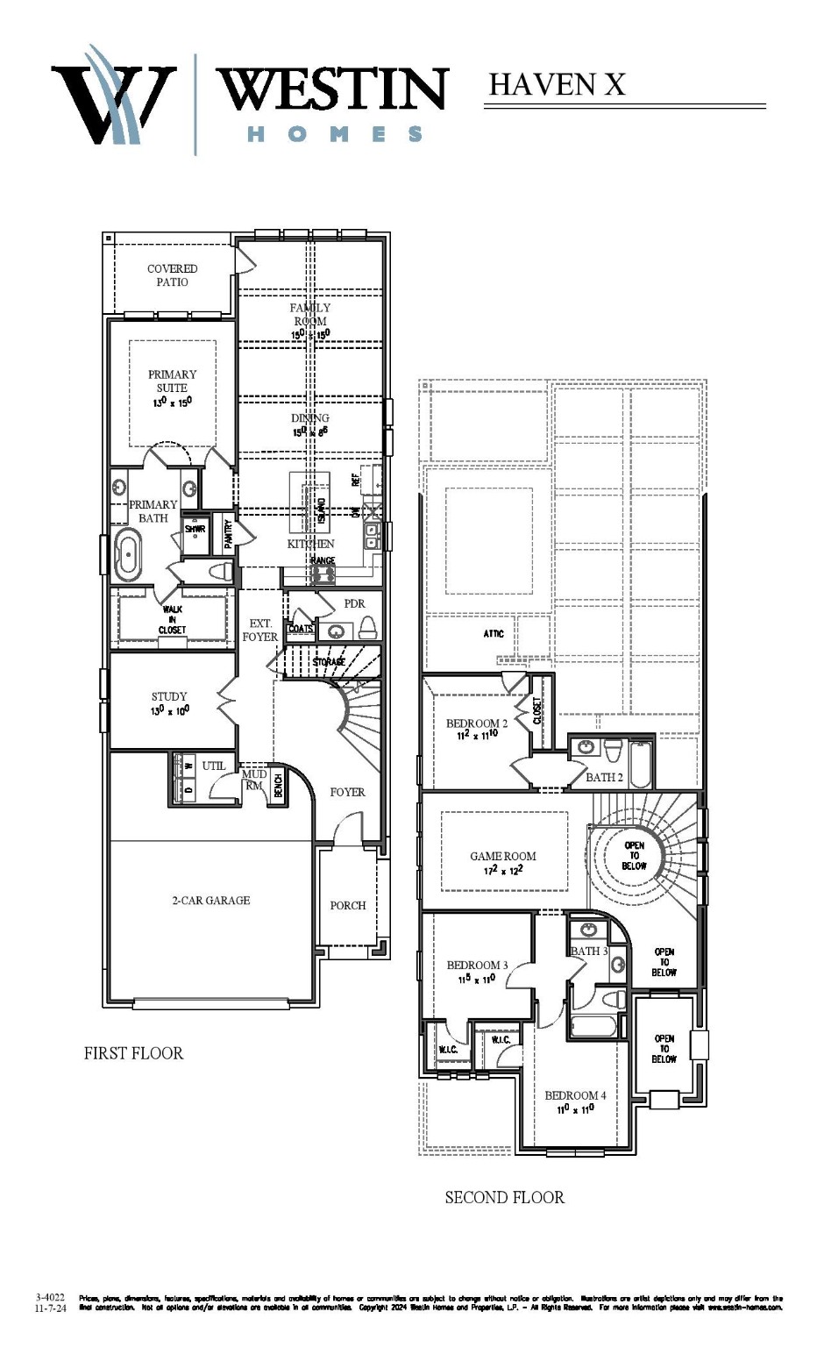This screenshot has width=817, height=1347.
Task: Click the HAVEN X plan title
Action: (x=557, y=84)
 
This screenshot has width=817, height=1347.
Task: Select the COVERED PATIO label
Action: (x=172, y=275)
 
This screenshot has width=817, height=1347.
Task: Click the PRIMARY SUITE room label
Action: (x=172, y=381)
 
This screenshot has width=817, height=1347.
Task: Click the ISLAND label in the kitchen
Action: (x=321, y=509)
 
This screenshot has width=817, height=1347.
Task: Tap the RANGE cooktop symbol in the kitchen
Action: (x=323, y=574)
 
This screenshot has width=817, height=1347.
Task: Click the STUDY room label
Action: (x=169, y=696)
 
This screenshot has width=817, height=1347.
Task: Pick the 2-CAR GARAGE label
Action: (x=210, y=900)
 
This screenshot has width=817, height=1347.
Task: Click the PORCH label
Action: (x=348, y=905)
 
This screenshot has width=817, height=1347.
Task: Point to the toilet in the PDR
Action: (x=368, y=625)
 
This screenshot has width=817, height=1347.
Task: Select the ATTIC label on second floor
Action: (x=494, y=633)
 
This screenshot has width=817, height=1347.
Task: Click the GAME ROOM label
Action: (x=503, y=856)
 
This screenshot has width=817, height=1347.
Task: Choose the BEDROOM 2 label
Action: (x=477, y=723)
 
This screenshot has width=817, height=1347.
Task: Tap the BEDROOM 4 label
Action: (x=575, y=1095)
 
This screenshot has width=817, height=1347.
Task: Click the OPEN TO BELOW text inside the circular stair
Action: (x=635, y=856)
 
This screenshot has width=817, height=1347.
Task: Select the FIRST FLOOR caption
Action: (x=133, y=1053)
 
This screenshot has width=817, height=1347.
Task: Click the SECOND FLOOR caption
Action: (x=504, y=1197)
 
